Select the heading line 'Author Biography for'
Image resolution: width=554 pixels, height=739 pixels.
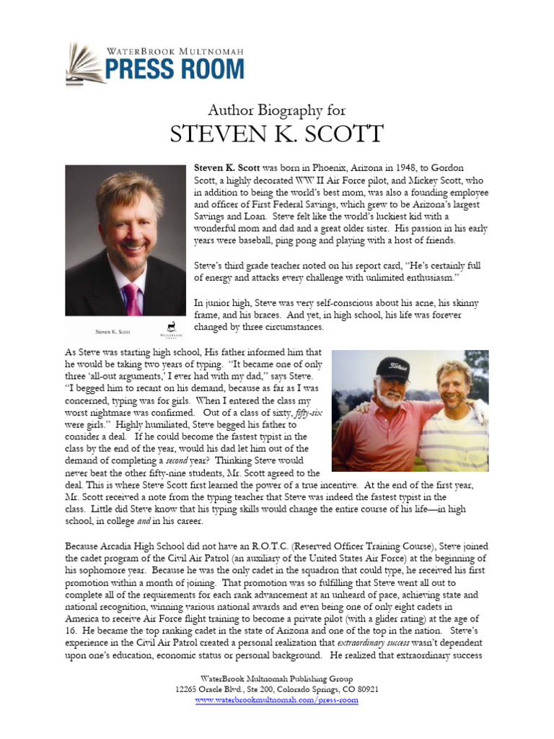(x=277, y=110)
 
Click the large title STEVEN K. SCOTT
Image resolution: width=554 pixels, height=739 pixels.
(x=277, y=134)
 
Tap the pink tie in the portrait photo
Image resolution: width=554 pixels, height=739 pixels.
(x=131, y=297)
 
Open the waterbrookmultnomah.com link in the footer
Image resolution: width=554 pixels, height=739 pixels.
(x=277, y=699)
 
